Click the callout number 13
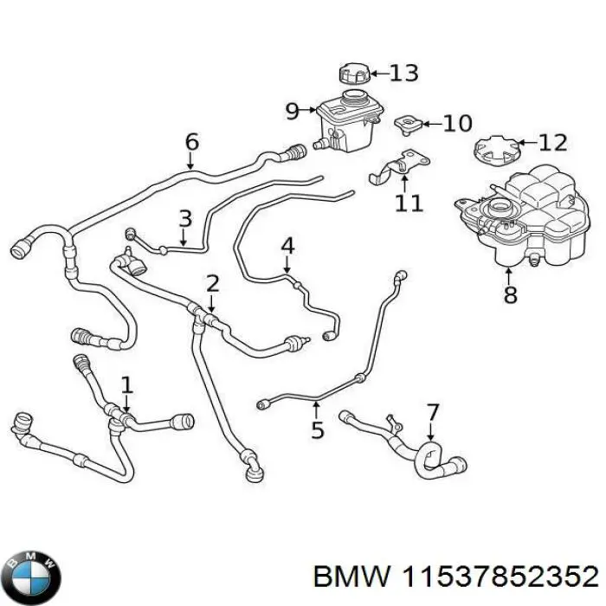[x=403, y=73]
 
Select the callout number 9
[x=292, y=110]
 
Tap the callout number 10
[x=457, y=123]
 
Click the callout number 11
[x=409, y=203]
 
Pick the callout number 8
[x=509, y=294]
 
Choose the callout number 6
[x=192, y=141]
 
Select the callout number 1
[x=127, y=384]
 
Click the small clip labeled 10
[x=406, y=125]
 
